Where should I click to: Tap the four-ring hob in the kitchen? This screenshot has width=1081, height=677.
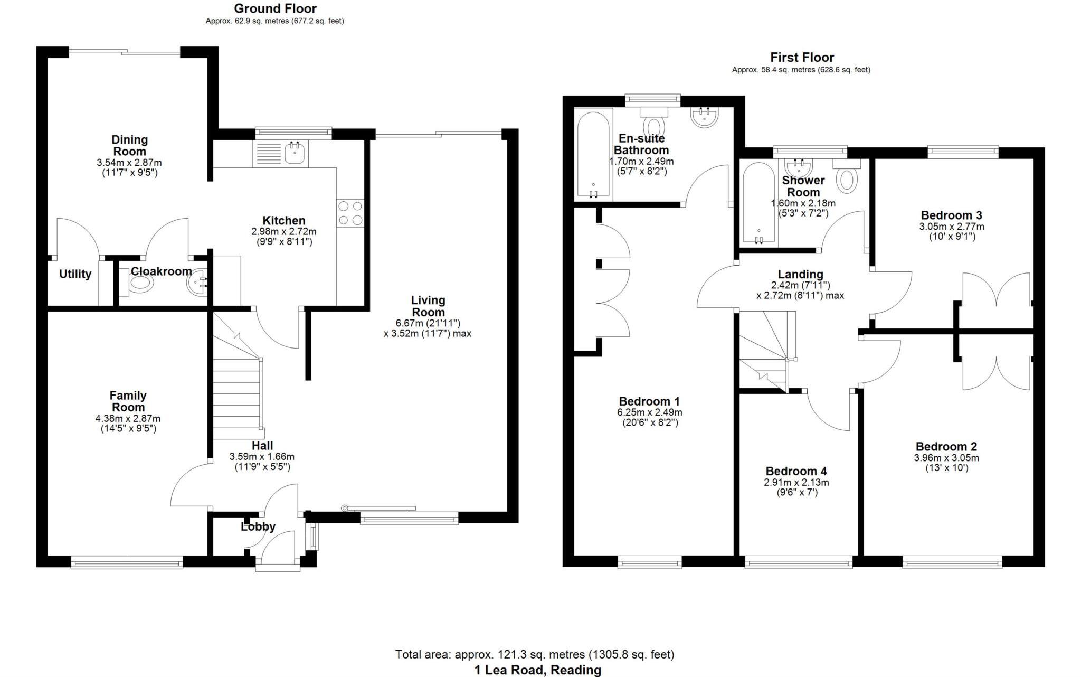(350, 213)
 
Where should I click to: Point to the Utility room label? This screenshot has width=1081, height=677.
(75, 274)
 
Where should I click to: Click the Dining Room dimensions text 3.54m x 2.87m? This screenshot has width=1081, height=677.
(129, 163)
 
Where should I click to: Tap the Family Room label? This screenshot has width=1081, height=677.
(128, 401)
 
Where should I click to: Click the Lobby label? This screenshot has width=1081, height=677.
(258, 526)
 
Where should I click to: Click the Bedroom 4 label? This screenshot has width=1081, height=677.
(796, 471)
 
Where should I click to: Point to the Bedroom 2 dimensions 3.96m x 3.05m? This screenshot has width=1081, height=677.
(946, 458)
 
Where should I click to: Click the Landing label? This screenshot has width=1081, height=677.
(800, 274)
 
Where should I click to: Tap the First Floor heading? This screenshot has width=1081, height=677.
(802, 57)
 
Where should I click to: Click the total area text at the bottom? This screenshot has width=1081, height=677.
(535, 655)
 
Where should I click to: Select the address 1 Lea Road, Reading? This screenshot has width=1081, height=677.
(537, 670)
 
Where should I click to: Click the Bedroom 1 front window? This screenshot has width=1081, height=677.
(649, 563)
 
